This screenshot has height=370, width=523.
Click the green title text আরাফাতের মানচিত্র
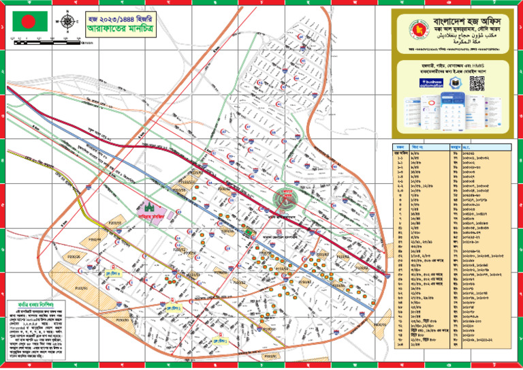[114, 30]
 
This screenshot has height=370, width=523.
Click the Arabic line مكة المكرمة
[464, 42]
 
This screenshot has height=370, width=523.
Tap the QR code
[477, 83]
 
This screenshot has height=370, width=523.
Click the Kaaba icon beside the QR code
[458, 82]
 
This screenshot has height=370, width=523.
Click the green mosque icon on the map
[151, 205]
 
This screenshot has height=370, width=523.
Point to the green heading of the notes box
[33, 304]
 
